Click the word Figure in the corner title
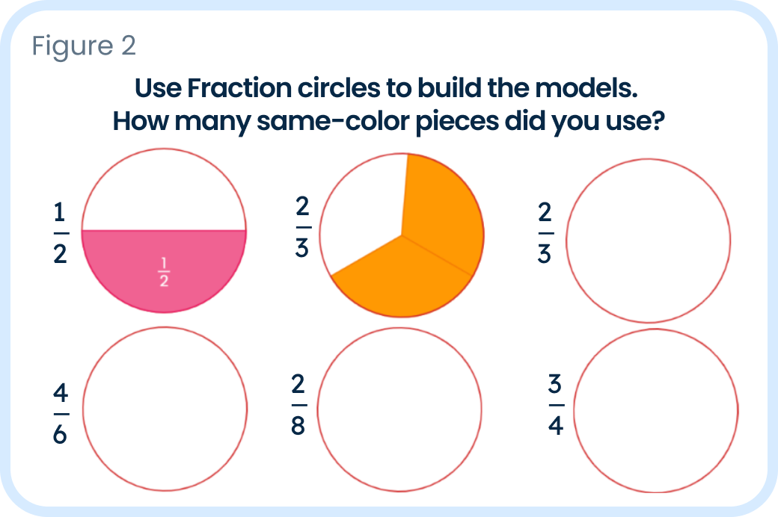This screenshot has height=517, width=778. pyautogui.click(x=73, y=46)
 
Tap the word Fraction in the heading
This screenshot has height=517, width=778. pyautogui.click(x=239, y=88)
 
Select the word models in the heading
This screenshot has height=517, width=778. pyautogui.click(x=586, y=88)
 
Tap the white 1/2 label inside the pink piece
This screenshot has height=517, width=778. pyautogui.click(x=164, y=272)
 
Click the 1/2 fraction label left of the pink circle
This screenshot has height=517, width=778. pyautogui.click(x=61, y=233)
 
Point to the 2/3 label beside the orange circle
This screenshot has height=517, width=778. pyautogui.click(x=302, y=227)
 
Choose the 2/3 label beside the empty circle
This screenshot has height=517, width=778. pyautogui.click(x=545, y=232)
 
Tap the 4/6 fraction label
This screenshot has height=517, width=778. pyautogui.click(x=61, y=413)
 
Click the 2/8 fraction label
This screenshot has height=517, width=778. pyautogui.click(x=298, y=405)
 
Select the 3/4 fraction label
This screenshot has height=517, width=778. pyautogui.click(x=556, y=405)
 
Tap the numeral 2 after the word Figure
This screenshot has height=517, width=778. pyautogui.click(x=129, y=46)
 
